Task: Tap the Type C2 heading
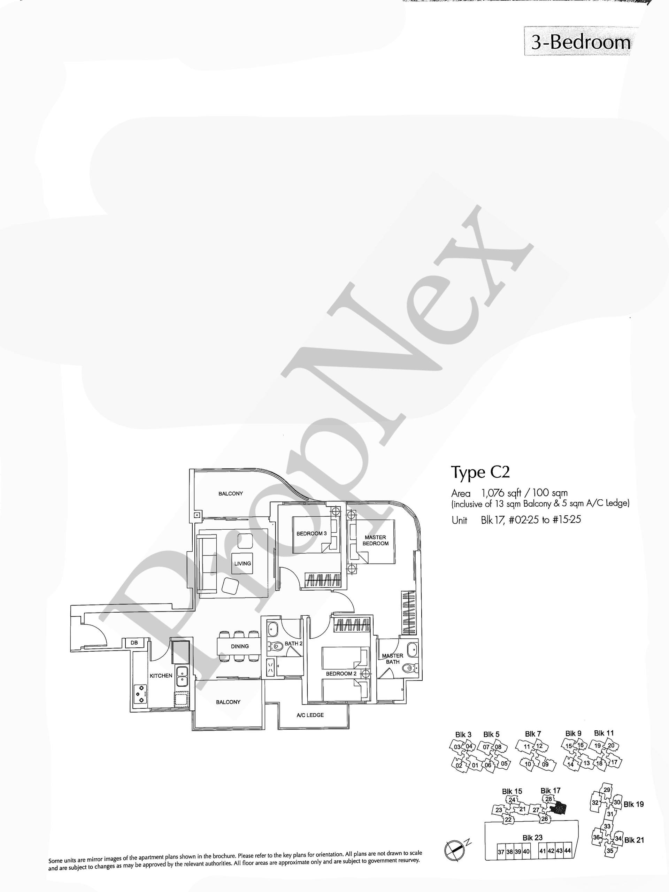pyautogui.click(x=480, y=472)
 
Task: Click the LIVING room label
pyautogui.click(x=243, y=563)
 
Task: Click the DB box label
pyautogui.click(x=134, y=643)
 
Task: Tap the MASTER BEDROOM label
pyautogui.click(x=375, y=540)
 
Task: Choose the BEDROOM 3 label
pyautogui.click(x=311, y=533)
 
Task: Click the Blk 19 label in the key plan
pyautogui.click(x=633, y=805)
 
